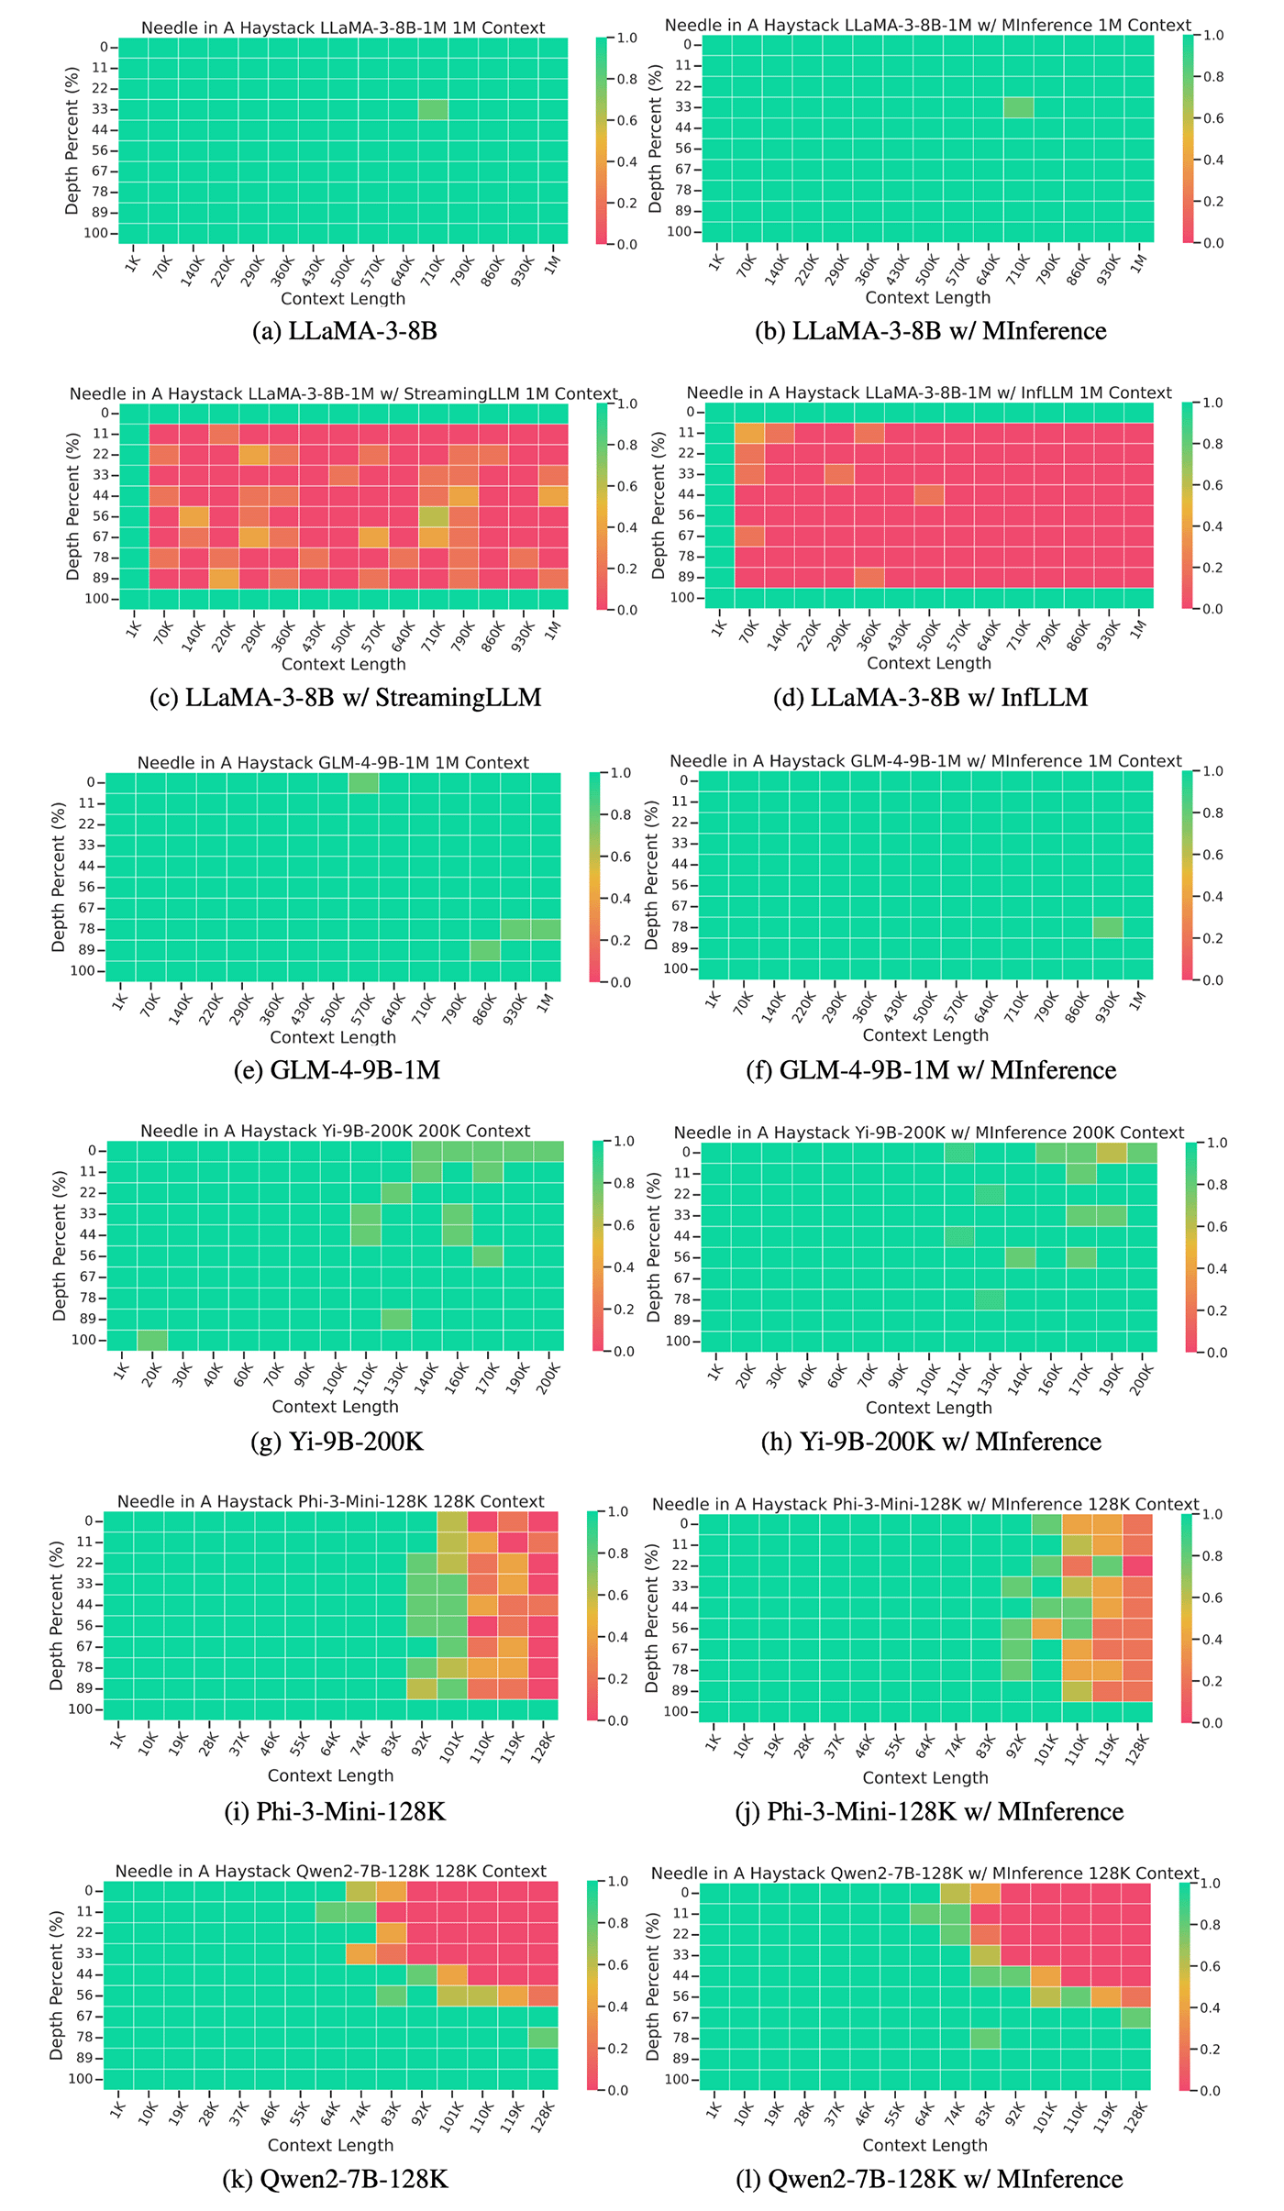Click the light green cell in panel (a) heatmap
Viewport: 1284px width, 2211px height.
tap(433, 109)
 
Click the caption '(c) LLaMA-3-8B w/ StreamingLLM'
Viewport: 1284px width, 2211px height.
tap(345, 697)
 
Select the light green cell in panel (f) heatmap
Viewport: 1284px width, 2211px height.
tap(1108, 927)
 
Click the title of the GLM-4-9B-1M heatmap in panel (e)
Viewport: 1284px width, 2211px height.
tap(333, 762)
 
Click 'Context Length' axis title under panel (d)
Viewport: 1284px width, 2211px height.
tap(928, 663)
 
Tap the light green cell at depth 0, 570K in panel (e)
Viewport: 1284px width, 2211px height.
tap(363, 782)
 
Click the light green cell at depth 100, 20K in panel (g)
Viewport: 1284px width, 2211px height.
tap(152, 1340)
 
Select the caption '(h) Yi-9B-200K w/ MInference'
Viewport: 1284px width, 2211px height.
tap(931, 1442)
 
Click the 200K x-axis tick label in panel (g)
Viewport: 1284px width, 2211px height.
tap(548, 1376)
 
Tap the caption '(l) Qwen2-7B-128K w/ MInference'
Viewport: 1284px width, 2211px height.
tap(929, 2179)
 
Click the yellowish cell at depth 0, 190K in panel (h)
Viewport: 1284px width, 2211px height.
tap(1112, 1153)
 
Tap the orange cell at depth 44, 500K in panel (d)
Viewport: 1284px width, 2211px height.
tap(928, 494)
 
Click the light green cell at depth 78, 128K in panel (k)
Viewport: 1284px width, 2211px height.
tap(543, 2038)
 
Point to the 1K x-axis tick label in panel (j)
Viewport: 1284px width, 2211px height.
tap(714, 1744)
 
